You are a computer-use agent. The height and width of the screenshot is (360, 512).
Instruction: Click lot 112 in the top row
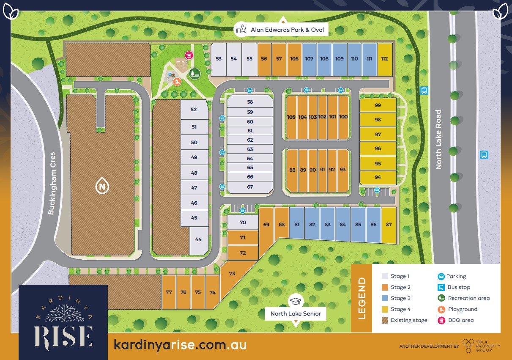384,59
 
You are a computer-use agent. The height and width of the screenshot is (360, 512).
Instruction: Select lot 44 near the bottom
198,239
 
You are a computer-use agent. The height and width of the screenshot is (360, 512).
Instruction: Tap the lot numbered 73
232,274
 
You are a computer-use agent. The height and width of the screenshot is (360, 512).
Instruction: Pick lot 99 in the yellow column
378,105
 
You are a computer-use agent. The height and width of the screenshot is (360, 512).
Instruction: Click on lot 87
389,225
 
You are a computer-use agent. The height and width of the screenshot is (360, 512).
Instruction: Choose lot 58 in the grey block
250,102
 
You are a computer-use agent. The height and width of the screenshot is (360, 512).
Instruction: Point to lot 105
291,117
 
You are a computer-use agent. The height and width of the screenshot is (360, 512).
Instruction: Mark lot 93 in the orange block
342,170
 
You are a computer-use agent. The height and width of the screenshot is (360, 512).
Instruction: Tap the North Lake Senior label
296,313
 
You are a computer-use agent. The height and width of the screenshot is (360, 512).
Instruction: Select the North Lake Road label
438,140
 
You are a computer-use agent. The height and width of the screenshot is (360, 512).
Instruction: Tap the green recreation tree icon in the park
194,74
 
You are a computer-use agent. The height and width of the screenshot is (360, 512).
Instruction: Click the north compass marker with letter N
101,186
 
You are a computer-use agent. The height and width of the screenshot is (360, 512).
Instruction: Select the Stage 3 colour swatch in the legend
385,298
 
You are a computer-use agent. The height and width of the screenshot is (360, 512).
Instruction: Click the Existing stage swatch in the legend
385,320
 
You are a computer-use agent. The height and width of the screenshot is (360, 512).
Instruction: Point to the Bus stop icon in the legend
441,287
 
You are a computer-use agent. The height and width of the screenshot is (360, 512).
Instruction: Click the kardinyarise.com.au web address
180,345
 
